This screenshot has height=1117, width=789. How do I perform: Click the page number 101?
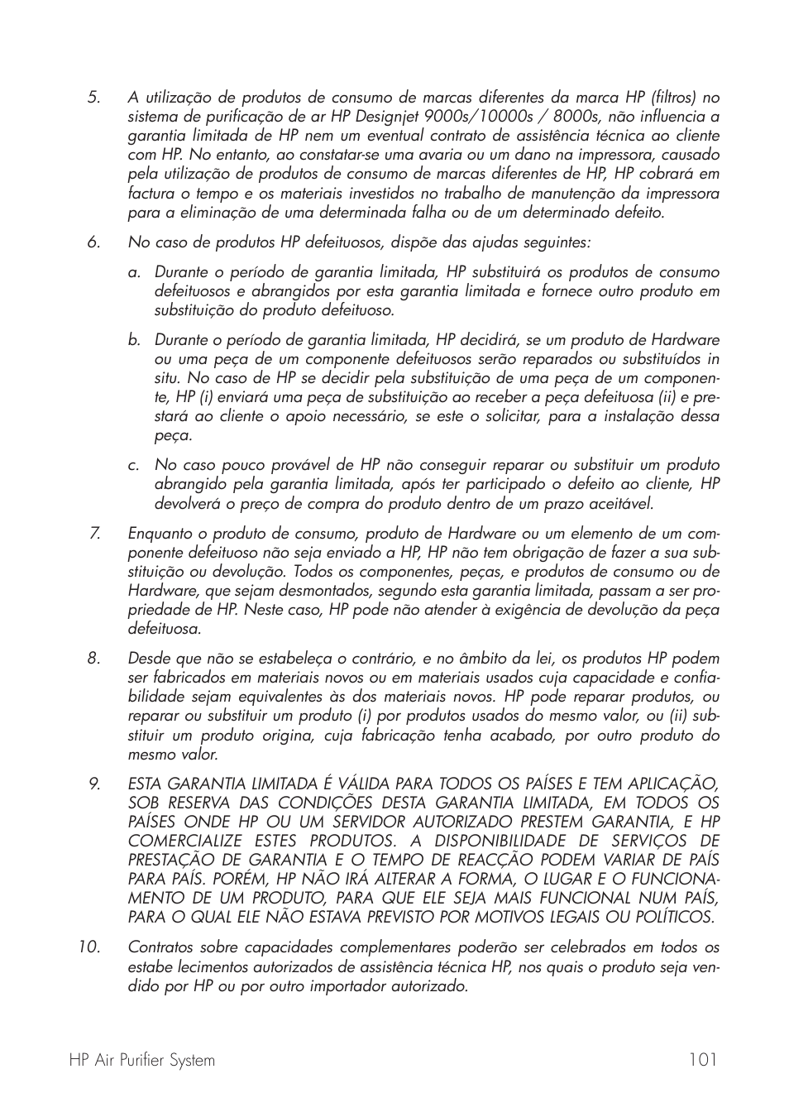click(x=701, y=1060)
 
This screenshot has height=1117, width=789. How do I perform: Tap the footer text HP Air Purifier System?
click(x=142, y=1060)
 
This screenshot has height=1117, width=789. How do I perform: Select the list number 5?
click(x=93, y=98)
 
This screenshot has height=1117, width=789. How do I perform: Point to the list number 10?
click(x=89, y=947)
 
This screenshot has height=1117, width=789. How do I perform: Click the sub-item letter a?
click(x=133, y=272)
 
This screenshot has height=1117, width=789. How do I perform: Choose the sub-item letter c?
click(x=133, y=465)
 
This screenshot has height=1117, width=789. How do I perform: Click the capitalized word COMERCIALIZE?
click(x=188, y=841)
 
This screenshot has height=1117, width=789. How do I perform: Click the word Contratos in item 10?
click(x=160, y=947)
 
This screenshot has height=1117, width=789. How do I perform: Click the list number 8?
click(x=93, y=659)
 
